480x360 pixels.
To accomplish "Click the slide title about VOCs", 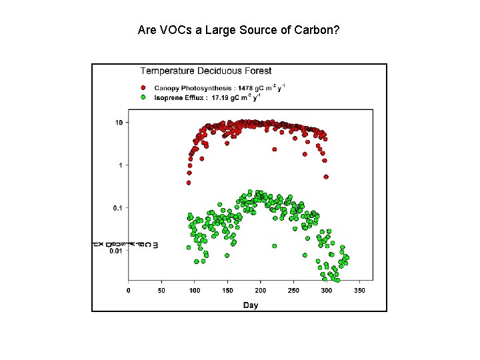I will pyautogui.click(x=239, y=30).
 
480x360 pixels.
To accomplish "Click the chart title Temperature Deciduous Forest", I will pyautogui.click(x=205, y=71).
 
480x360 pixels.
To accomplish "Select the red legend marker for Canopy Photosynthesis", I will pyautogui.click(x=143, y=88).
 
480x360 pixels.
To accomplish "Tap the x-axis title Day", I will pyautogui.click(x=251, y=305).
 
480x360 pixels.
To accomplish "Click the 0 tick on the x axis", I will pyautogui.click(x=128, y=291).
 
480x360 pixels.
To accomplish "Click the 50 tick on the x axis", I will pyautogui.click(x=161, y=291).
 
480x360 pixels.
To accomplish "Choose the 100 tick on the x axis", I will pyautogui.click(x=194, y=291).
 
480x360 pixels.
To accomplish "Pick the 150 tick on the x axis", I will pyautogui.click(x=227, y=291).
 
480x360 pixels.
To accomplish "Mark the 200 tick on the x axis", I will pyautogui.click(x=261, y=291).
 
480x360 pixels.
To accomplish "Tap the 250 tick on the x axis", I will pyautogui.click(x=293, y=291).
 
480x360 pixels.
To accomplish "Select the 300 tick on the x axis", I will pyautogui.click(x=327, y=291).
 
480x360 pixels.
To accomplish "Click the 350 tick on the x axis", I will pyautogui.click(x=359, y=291).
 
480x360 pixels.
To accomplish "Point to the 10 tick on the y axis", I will pyautogui.click(x=118, y=123).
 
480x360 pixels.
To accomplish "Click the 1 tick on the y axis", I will pyautogui.click(x=120, y=165).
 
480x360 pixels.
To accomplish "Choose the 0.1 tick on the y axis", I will pyautogui.click(x=117, y=208).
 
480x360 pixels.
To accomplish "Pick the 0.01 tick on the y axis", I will pyautogui.click(x=115, y=251).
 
